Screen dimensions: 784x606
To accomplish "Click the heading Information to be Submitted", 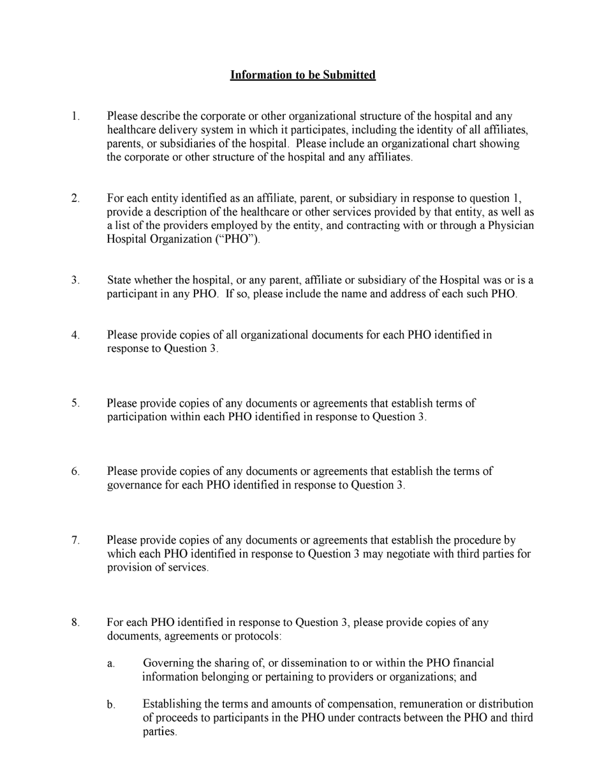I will coord(302,75).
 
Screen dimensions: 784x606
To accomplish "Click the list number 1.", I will coord(75,117).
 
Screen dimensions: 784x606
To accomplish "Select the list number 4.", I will coord(75,335).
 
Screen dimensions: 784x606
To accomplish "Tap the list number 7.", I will coord(75,541).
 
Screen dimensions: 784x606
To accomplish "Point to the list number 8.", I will coord(75,623).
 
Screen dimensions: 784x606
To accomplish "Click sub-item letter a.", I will coord(111,664).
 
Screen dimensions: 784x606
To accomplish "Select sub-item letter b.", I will coord(111,705).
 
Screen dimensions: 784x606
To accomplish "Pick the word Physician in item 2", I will coord(511,226).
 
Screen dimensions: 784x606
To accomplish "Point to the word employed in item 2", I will coord(244,226).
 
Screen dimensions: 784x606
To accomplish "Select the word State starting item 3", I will coord(121,280).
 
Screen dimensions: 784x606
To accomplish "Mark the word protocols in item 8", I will coord(257,637).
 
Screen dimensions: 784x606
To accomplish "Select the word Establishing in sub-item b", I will coord(172,704).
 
